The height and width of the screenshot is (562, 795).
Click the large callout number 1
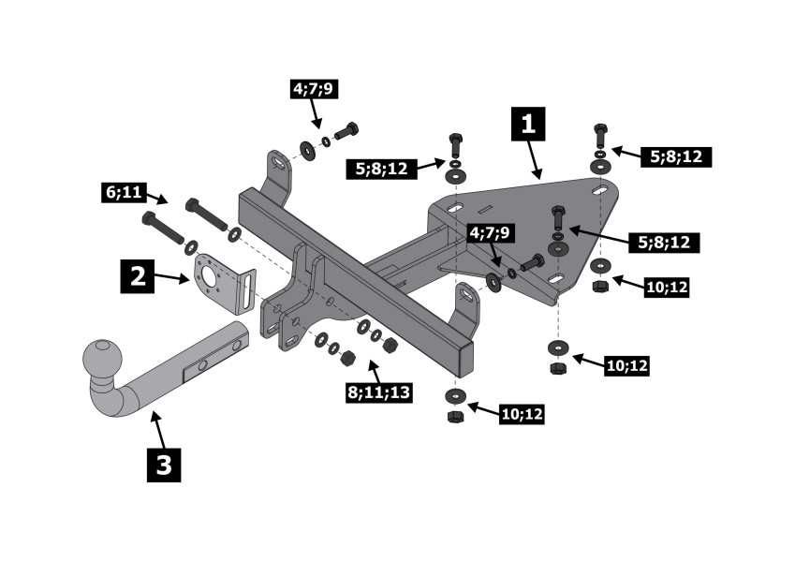(528, 124)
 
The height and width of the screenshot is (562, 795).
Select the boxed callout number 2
(137, 276)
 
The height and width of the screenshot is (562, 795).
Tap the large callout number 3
(164, 465)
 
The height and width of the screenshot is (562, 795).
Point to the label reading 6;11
(124, 193)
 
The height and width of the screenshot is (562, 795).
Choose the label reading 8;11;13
(379, 392)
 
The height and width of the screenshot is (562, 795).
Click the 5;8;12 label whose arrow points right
(381, 169)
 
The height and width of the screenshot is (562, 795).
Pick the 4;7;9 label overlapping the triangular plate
(490, 233)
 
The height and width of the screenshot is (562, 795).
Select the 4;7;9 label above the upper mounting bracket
(313, 89)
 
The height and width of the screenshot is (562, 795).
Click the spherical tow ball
(102, 359)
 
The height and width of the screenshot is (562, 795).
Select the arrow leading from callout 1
(535, 160)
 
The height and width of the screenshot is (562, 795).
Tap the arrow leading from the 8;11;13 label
(374, 371)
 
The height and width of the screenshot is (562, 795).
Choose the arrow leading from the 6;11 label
(157, 199)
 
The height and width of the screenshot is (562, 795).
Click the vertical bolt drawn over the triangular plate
(557, 219)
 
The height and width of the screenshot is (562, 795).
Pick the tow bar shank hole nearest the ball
(202, 365)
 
